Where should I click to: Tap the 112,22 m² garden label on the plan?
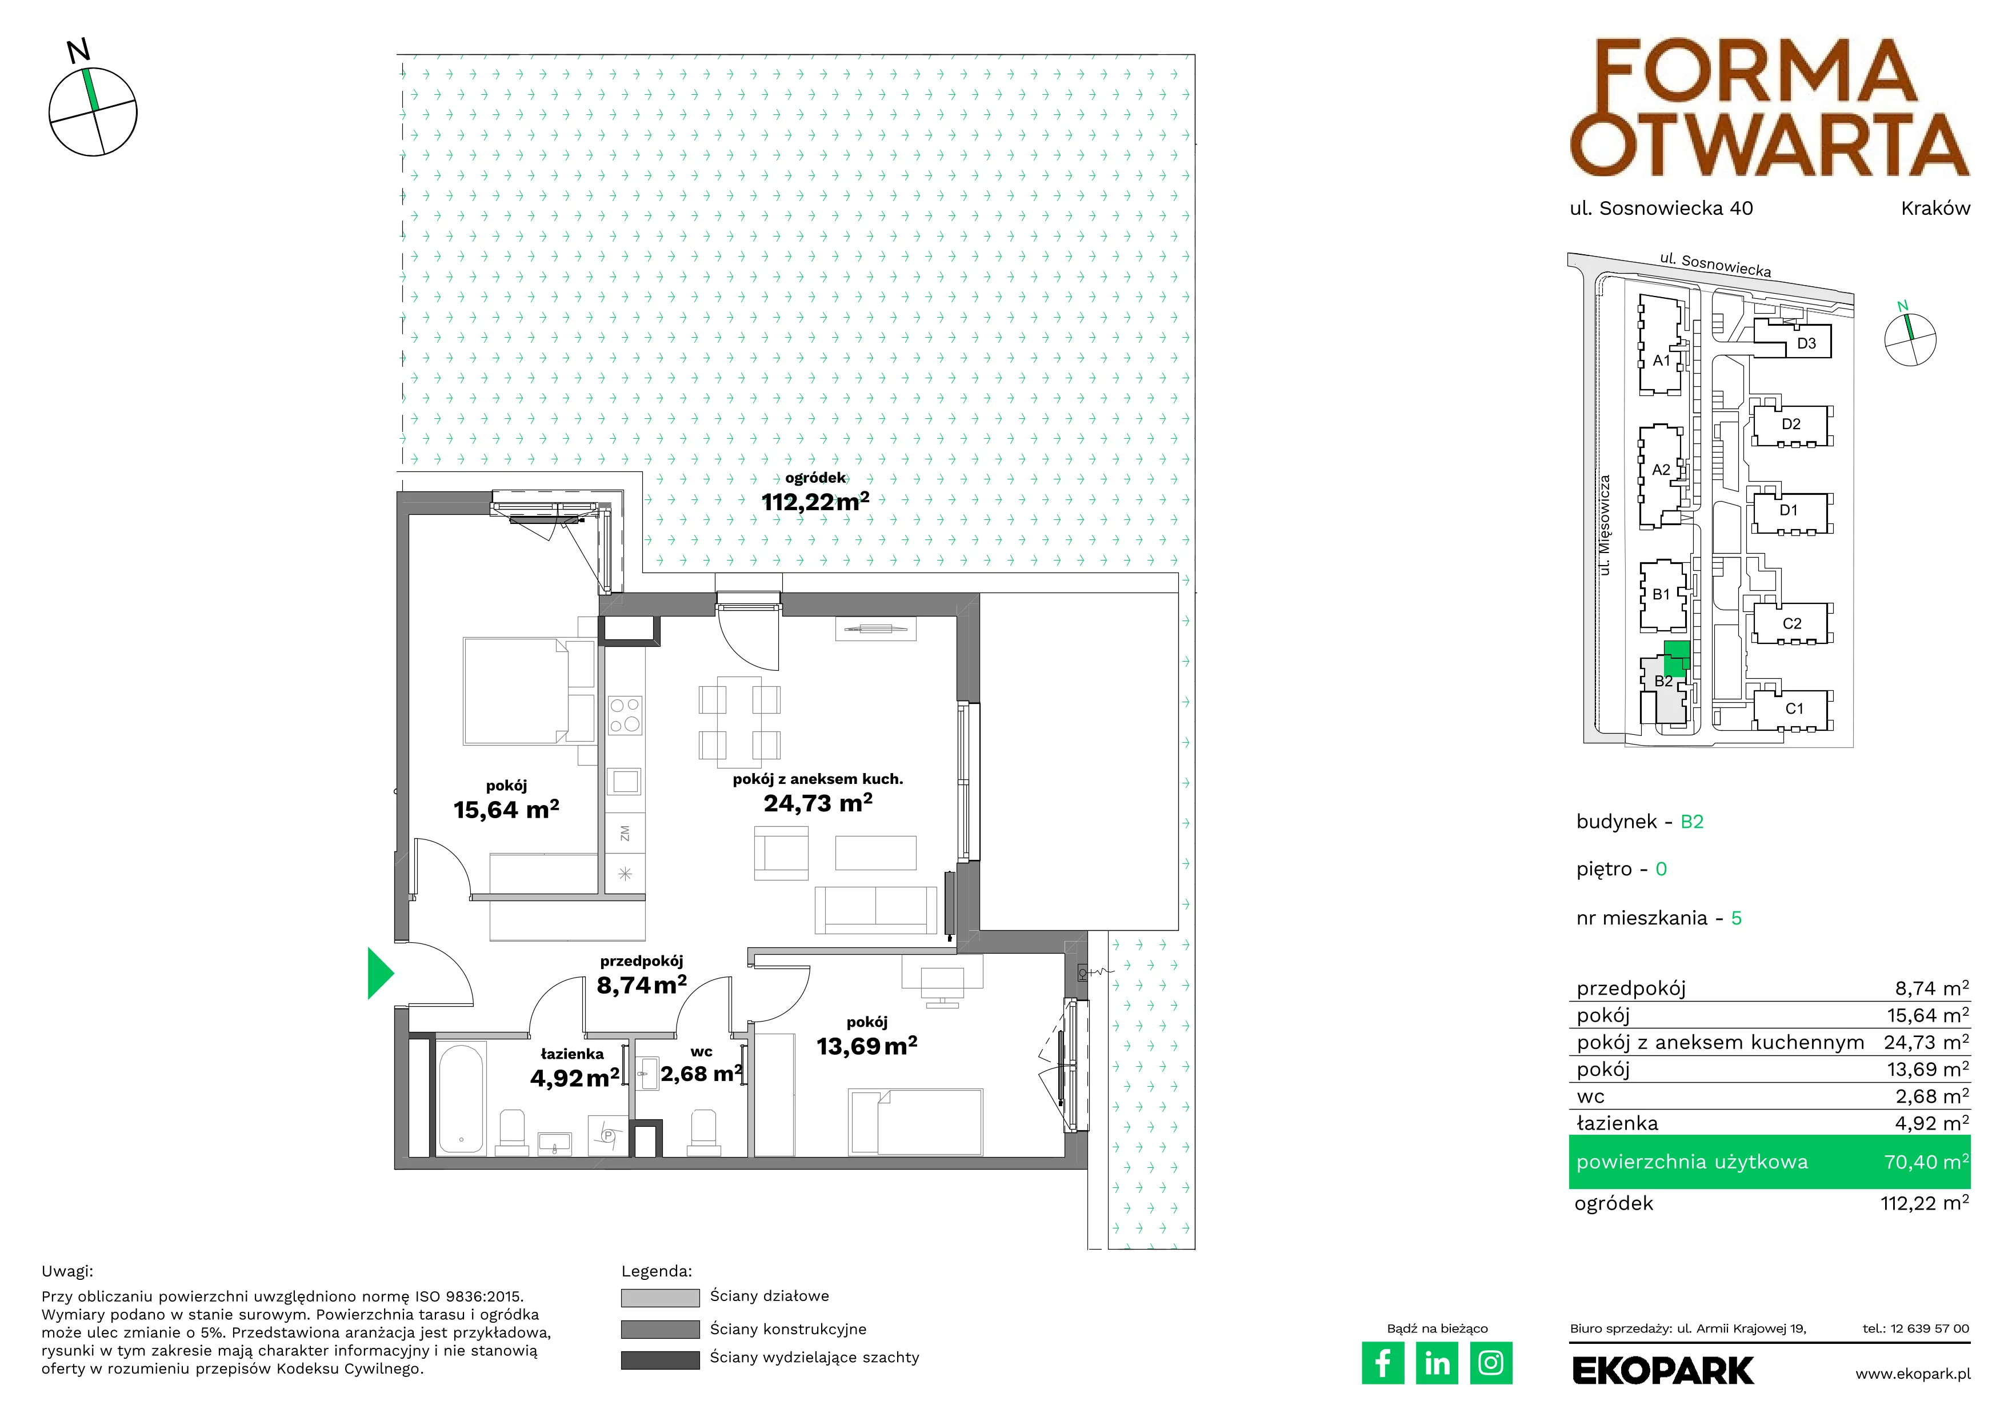click(815, 502)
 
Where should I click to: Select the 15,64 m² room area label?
click(506, 810)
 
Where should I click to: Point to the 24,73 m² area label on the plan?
click(818, 803)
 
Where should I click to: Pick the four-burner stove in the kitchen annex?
click(625, 715)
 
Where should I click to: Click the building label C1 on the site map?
click(1794, 708)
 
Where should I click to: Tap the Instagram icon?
click(1491, 1363)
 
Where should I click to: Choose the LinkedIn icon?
click(1437, 1363)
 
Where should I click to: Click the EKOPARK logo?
click(1663, 1371)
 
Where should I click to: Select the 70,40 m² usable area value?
click(1926, 1162)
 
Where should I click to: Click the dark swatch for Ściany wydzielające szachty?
click(660, 1359)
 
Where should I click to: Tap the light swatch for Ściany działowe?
click(660, 1298)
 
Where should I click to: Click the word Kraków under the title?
click(1935, 207)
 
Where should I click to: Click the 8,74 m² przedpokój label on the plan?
click(642, 985)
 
